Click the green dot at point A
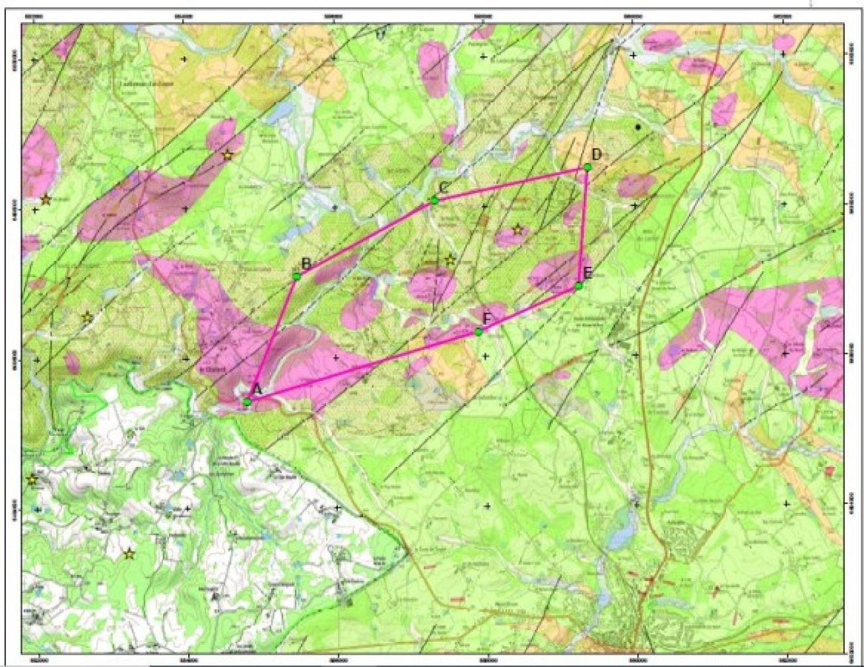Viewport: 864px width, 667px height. click(x=247, y=401)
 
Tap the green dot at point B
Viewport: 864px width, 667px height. click(x=297, y=276)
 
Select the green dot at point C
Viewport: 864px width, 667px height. click(x=435, y=200)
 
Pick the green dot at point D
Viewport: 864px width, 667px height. click(x=587, y=168)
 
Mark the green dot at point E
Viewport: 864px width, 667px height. click(x=578, y=285)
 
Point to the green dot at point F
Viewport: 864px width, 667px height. click(x=478, y=331)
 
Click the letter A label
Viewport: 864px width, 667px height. click(x=258, y=390)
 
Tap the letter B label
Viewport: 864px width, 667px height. click(x=306, y=264)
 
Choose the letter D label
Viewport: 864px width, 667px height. click(x=596, y=155)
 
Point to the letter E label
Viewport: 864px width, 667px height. click(x=587, y=273)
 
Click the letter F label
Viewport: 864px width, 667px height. click(x=487, y=319)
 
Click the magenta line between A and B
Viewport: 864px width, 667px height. click(x=272, y=339)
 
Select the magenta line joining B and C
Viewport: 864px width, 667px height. click(x=366, y=238)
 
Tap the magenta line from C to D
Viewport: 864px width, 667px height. click(x=511, y=184)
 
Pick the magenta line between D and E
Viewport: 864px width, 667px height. click(x=583, y=227)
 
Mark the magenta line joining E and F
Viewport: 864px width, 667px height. click(x=529, y=309)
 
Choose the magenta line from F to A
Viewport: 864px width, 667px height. click(x=363, y=366)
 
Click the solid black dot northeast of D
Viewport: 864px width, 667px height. click(x=638, y=127)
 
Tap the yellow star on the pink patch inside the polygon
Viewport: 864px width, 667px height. click(x=517, y=230)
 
